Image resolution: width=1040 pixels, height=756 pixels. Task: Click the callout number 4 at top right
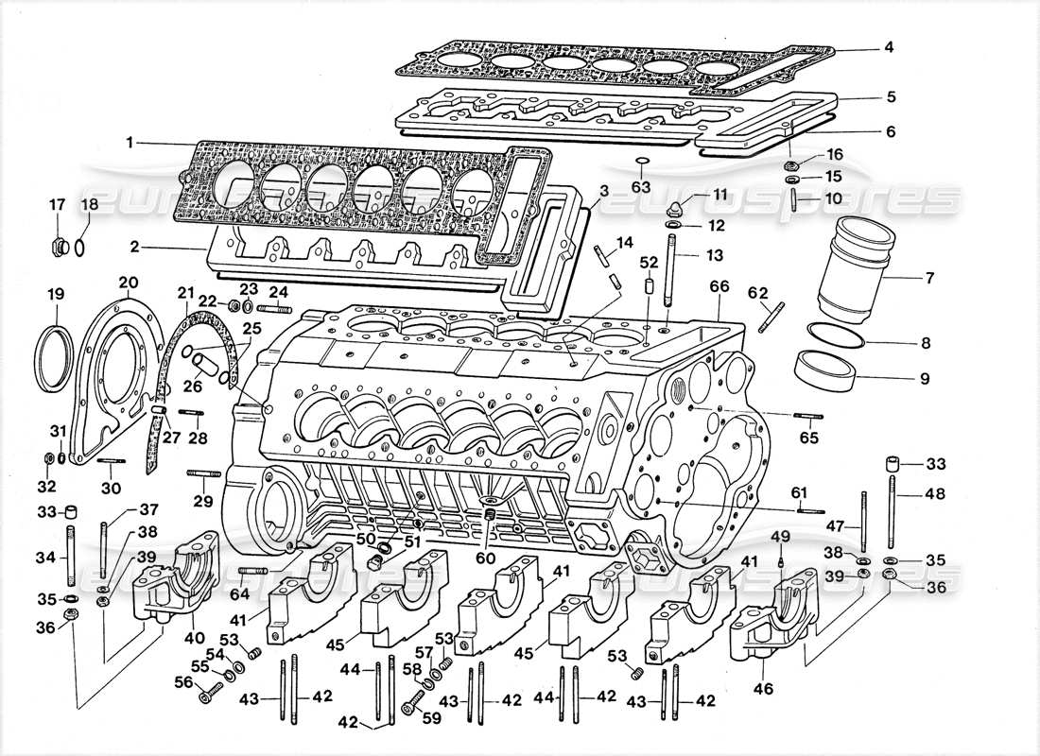(x=889, y=46)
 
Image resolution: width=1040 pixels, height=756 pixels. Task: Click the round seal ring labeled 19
(x=54, y=356)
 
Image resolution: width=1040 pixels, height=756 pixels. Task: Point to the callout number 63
(x=641, y=186)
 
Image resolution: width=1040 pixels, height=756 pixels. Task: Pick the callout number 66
(x=719, y=286)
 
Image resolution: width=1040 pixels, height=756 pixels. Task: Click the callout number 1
(x=129, y=143)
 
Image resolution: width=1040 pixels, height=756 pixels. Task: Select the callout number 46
(x=763, y=689)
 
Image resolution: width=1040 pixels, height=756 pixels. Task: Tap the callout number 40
(x=195, y=639)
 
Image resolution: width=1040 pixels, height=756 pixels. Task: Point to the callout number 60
(x=487, y=558)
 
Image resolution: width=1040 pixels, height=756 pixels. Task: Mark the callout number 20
(x=129, y=282)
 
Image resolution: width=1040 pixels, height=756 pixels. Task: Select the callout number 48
(x=934, y=492)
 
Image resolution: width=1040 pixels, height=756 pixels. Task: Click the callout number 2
(x=134, y=248)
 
